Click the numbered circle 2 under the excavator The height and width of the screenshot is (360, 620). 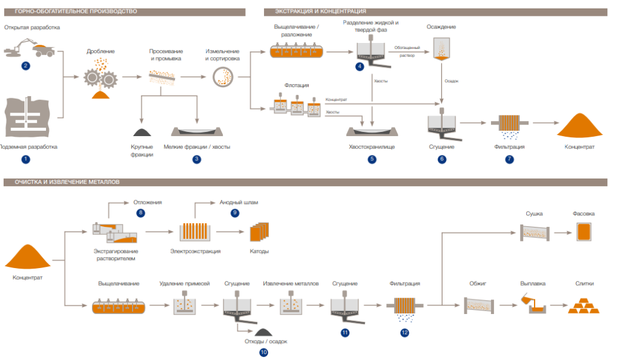25,65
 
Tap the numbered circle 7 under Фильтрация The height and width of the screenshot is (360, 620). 509,159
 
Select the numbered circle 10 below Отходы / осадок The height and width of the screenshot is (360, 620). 263,352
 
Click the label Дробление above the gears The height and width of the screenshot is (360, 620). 101,52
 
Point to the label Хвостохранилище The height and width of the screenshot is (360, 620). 372,146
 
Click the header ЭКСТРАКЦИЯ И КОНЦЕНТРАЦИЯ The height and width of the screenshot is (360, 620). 320,11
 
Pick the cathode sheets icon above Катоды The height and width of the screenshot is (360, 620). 259,232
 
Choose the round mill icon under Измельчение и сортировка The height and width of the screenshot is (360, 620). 222,76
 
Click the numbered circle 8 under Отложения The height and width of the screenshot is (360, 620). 141,212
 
